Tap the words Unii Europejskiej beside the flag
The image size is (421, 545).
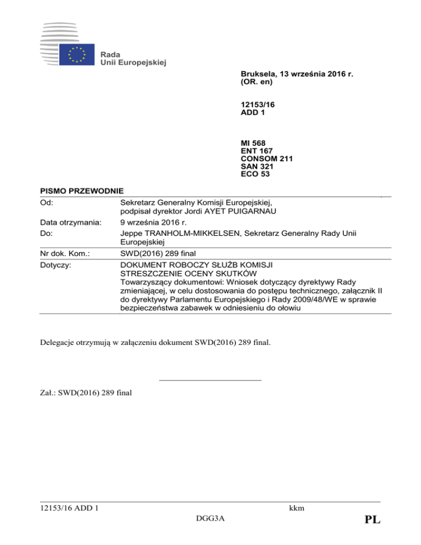click(x=133, y=63)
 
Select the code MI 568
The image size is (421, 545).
click(x=254, y=143)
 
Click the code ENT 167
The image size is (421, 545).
click(x=257, y=151)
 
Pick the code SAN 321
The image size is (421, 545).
click(x=257, y=167)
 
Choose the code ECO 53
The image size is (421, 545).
click(x=254, y=175)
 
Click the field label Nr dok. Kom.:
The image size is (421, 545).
click(x=65, y=254)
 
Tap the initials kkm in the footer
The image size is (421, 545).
click(x=297, y=508)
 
